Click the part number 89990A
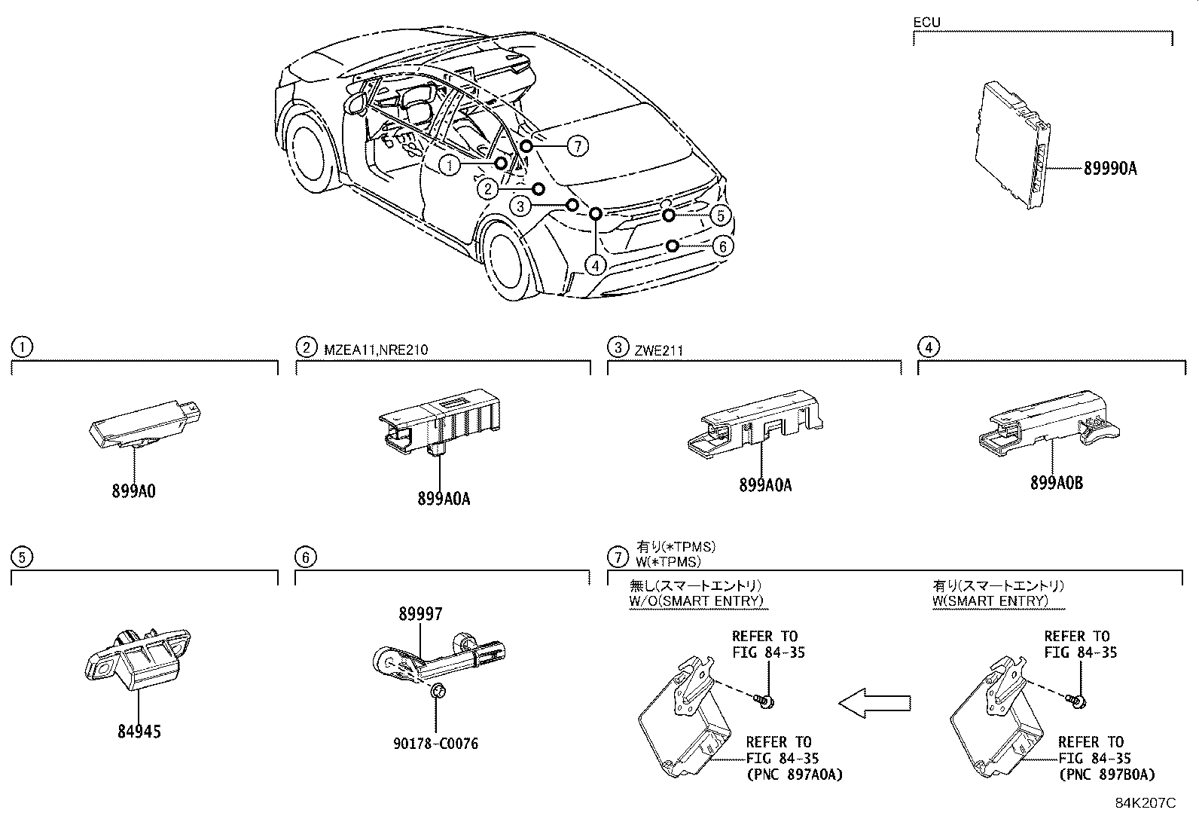1110,169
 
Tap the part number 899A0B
1056,483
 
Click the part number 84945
139,731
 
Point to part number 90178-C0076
435,744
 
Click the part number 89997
420,615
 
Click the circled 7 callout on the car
577,146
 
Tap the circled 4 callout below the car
596,265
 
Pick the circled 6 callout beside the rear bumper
722,246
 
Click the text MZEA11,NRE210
376,348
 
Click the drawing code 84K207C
1145,803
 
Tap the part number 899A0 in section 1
133,490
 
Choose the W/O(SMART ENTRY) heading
696,600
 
